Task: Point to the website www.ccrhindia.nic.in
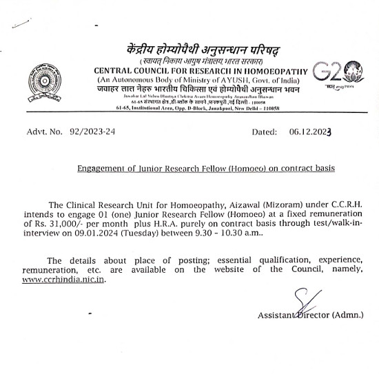point(64,280)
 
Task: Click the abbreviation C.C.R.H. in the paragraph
point(342,205)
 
